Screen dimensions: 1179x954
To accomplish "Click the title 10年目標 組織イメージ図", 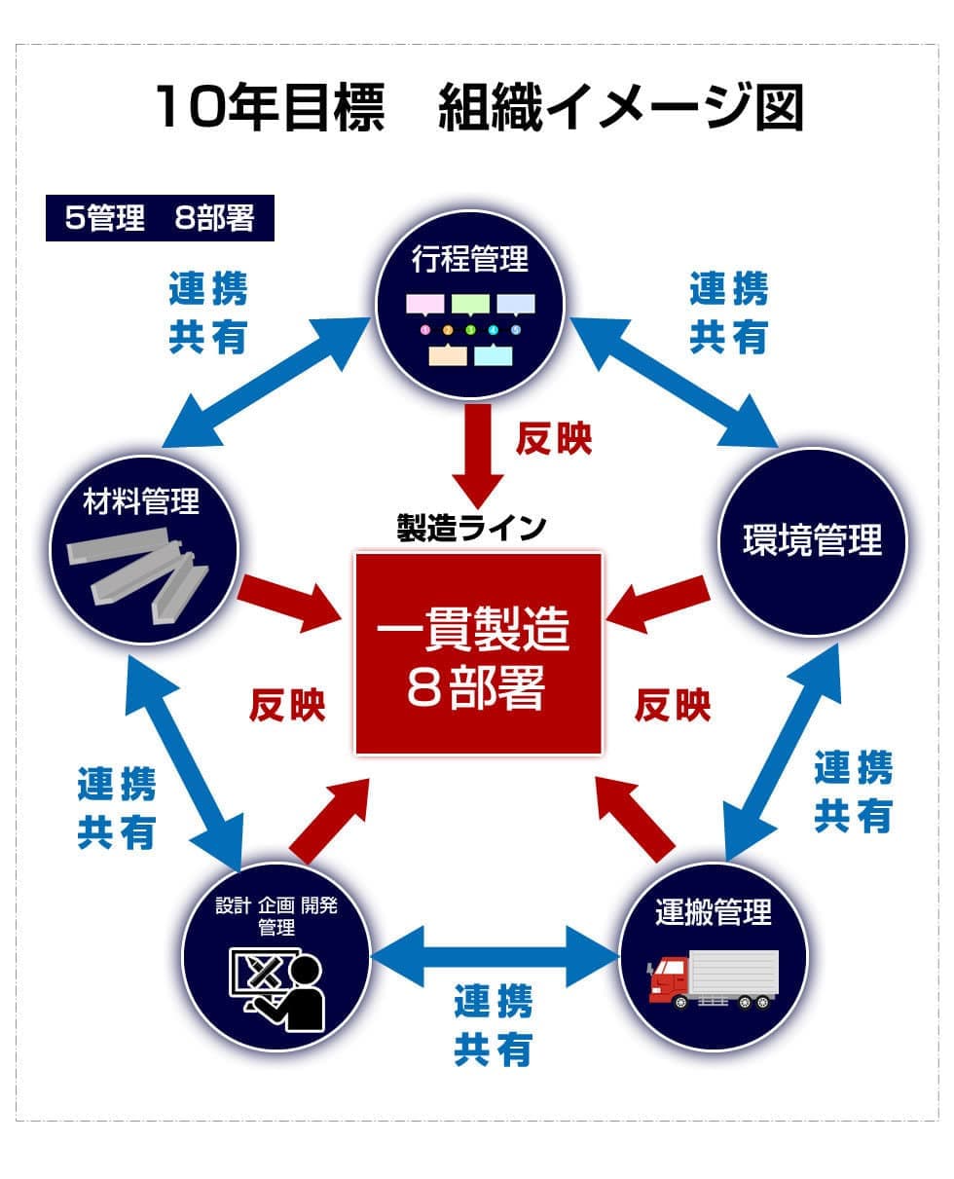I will pyautogui.click(x=477, y=107).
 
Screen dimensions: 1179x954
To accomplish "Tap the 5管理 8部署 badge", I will pyautogui.click(x=160, y=218).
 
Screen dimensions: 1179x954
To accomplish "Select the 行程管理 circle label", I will pyautogui.click(x=470, y=259).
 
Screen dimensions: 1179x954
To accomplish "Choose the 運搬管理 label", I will pyautogui.click(x=714, y=912).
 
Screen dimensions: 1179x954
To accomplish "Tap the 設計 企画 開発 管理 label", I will pyautogui.click(x=276, y=915).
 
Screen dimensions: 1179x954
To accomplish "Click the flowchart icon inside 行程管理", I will pyautogui.click(x=470, y=329).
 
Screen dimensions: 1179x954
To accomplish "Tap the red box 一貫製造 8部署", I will pyautogui.click(x=478, y=653).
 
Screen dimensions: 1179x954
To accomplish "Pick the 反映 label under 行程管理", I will pyautogui.click(x=553, y=439).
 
